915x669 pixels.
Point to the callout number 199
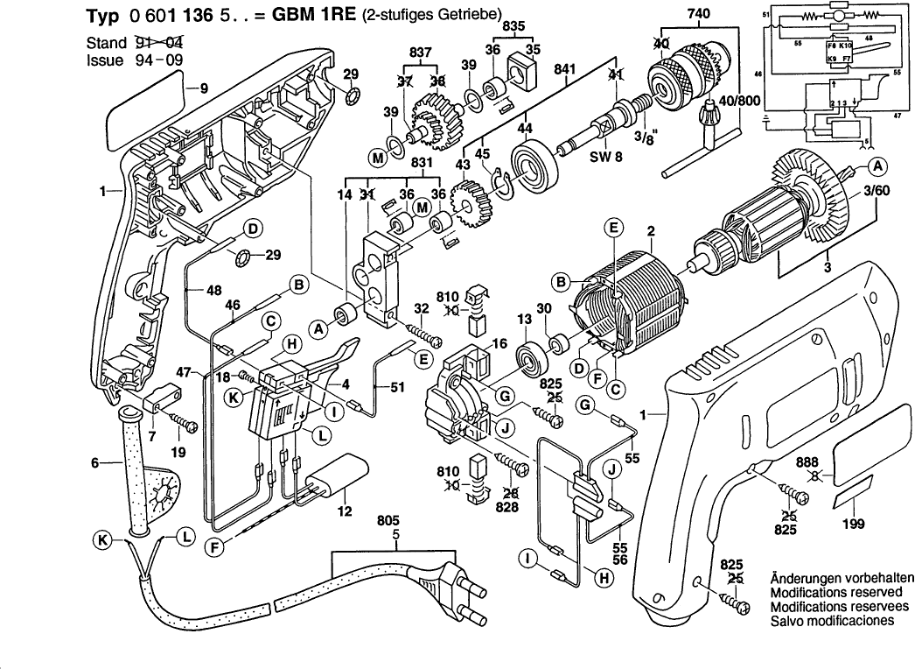(x=853, y=525)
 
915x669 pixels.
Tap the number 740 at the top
(x=699, y=13)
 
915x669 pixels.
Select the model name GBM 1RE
(x=293, y=15)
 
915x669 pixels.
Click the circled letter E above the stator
(x=613, y=228)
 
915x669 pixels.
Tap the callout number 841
(x=565, y=68)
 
